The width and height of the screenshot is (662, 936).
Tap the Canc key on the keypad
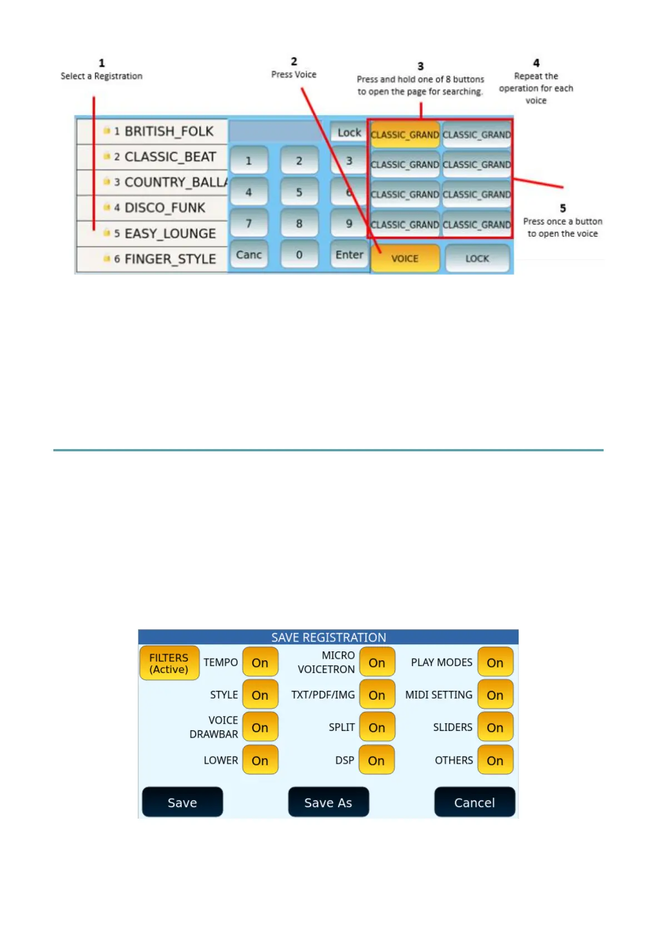248,255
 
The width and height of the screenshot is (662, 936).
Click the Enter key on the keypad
349,255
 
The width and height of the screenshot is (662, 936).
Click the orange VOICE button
405,258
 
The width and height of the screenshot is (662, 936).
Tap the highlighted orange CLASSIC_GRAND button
405,135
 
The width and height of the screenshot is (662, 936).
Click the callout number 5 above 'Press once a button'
563,208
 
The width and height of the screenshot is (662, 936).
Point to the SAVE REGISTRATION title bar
328,637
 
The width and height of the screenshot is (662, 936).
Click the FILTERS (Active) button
169,663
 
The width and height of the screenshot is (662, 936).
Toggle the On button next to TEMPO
260,663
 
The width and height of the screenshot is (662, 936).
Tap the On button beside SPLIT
377,728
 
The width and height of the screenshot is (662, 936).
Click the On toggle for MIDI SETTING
495,695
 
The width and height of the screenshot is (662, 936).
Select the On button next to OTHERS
495,760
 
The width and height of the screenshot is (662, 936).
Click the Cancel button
474,802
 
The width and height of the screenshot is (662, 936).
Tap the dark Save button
182,802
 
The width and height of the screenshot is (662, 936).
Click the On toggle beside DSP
376,760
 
